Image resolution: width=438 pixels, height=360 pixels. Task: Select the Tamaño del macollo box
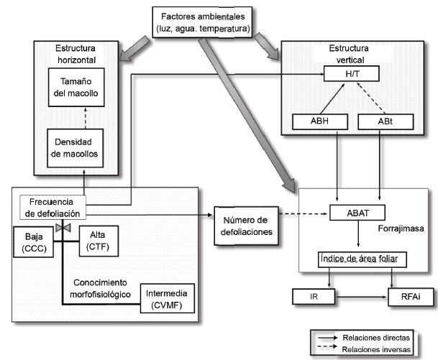(x=79, y=87)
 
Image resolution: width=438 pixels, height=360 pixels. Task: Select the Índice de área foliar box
(x=357, y=258)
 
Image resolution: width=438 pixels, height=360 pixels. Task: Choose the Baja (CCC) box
(x=35, y=240)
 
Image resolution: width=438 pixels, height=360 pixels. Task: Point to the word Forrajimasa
(x=398, y=229)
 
